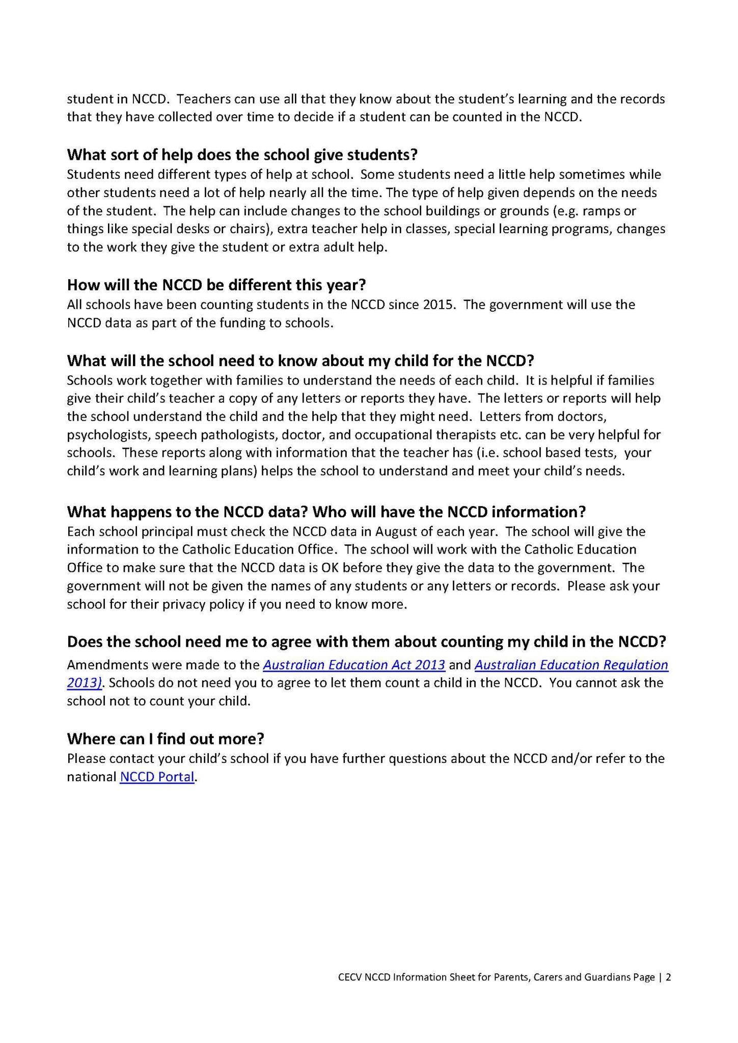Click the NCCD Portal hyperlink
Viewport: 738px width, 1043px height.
157,777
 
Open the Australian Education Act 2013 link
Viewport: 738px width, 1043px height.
354,665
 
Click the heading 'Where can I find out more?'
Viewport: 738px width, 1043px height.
166,738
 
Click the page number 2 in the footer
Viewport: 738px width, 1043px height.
668,977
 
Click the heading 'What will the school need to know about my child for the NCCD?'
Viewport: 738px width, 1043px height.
300,361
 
